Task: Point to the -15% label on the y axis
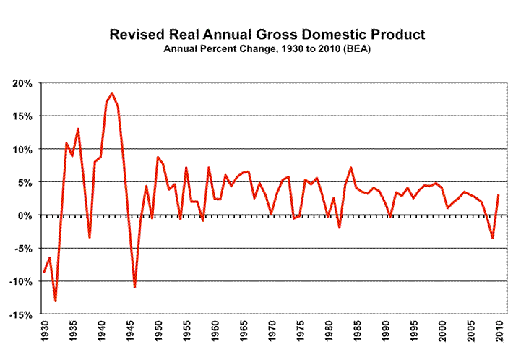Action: coord(20,314)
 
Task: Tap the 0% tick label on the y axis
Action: coord(25,215)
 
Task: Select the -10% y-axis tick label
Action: coord(20,282)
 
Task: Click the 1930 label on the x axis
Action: coord(44,332)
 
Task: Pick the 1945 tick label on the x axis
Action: coord(129,332)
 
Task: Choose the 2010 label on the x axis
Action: coord(499,332)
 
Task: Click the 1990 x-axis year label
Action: coord(384,332)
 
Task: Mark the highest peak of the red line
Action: coord(112,93)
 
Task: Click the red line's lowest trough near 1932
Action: coord(56,301)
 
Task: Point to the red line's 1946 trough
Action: coord(134,287)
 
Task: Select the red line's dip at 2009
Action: coord(492,238)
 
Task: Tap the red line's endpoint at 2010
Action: coord(499,194)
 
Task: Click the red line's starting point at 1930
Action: coord(44,273)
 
